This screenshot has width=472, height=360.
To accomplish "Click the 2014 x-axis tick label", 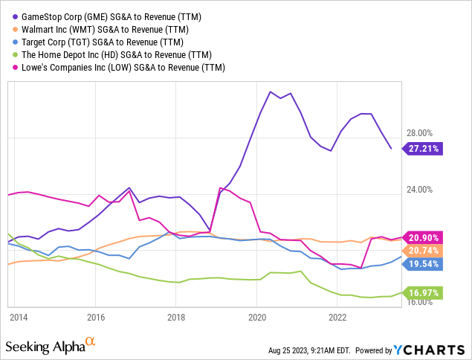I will [x=19, y=318].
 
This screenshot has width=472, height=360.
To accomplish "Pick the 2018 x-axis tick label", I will [x=176, y=318].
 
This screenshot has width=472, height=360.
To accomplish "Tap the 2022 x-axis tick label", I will [x=337, y=318].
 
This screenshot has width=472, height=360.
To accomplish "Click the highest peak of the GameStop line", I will [x=270, y=91].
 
